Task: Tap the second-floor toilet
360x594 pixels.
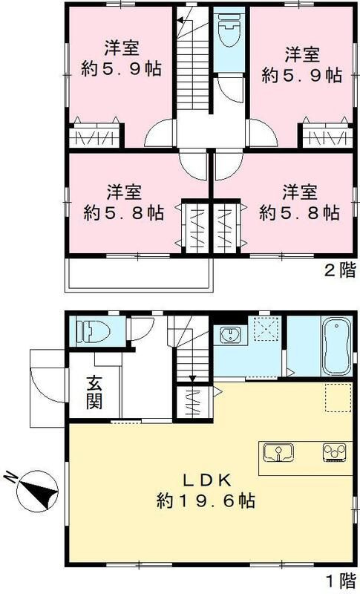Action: pyautogui.click(x=229, y=33)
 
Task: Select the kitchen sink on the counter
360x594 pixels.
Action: pyautogui.click(x=279, y=452)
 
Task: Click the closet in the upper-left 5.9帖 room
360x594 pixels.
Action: pyautogui.click(x=95, y=137)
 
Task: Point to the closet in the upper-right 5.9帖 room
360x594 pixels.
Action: pyautogui.click(x=325, y=137)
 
